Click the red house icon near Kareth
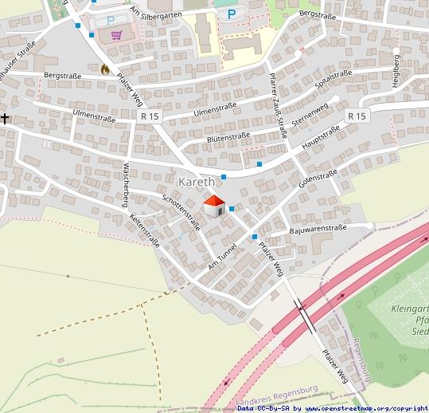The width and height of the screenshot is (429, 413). [213, 206]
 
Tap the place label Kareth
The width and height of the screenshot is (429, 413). [197, 182]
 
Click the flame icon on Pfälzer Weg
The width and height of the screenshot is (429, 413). [104, 69]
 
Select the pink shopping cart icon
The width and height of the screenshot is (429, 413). [117, 36]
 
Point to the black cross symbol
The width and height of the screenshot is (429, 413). [6, 119]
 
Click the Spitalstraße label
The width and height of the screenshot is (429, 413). [333, 77]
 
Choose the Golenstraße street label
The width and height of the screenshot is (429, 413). [318, 179]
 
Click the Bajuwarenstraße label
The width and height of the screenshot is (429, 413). [318, 230]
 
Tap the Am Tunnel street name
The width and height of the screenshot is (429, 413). [222, 256]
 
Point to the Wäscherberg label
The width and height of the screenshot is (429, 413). [125, 184]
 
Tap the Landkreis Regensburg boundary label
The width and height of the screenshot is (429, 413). [278, 394]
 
